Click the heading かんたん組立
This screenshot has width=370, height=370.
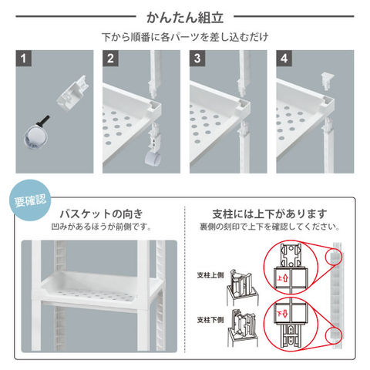[185, 18]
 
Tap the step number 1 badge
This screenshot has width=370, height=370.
[24, 59]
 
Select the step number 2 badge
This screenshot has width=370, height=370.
[110, 59]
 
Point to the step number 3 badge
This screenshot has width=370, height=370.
[197, 59]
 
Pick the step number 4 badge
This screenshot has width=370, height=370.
[284, 59]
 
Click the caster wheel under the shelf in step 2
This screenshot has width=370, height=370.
[153, 159]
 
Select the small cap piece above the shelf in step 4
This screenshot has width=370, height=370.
[327, 81]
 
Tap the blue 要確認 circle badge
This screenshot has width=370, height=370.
[30, 200]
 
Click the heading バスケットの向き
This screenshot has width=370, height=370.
[101, 214]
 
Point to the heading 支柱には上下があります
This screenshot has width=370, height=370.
[270, 214]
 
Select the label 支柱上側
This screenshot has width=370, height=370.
[210, 275]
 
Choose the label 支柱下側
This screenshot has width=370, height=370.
[210, 320]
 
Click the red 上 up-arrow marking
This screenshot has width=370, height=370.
[282, 278]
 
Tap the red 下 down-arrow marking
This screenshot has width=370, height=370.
[282, 314]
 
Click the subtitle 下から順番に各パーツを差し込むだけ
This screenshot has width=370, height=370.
[185, 37]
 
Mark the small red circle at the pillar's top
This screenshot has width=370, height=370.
[334, 257]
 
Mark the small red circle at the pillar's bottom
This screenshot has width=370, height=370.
[334, 335]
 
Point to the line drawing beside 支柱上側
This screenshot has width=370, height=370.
[242, 287]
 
